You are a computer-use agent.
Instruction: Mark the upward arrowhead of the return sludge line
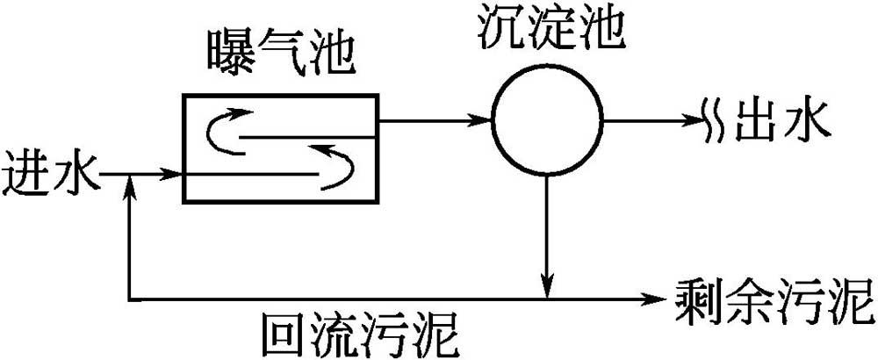130,184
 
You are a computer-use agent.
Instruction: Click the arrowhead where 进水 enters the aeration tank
172,175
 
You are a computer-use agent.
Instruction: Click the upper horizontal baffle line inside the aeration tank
308,138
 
